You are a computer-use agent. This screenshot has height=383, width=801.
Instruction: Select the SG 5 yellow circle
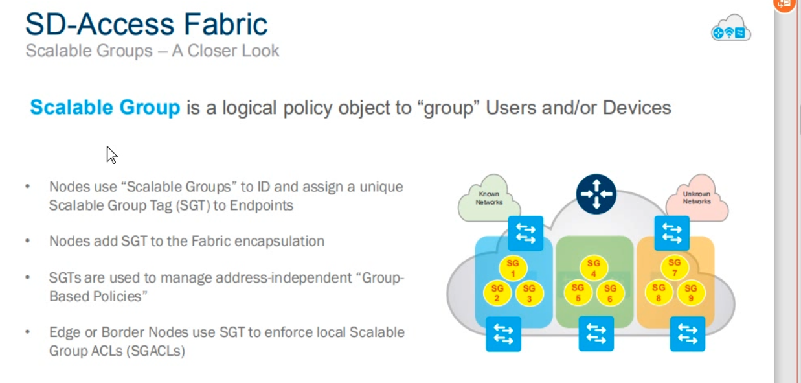[x=578, y=293]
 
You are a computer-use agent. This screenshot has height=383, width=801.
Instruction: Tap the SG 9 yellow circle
[x=690, y=293]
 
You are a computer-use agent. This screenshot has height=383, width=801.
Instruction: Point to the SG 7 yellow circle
[x=674, y=268]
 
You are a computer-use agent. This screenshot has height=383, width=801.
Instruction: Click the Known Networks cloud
[x=489, y=198]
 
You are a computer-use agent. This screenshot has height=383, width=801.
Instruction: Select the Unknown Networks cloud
[x=696, y=198]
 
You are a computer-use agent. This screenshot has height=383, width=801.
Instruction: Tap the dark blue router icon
[x=596, y=194]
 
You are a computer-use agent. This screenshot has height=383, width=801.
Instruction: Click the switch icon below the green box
[x=596, y=333]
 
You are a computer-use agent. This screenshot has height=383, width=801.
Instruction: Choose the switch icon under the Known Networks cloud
[x=525, y=233]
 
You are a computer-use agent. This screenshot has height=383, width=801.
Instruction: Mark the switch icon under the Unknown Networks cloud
[x=671, y=233]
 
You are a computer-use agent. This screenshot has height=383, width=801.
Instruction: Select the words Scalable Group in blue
[x=105, y=108]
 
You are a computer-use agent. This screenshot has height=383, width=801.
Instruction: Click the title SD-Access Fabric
[x=146, y=25]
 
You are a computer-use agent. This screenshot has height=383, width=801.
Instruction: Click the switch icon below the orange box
[x=687, y=333]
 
